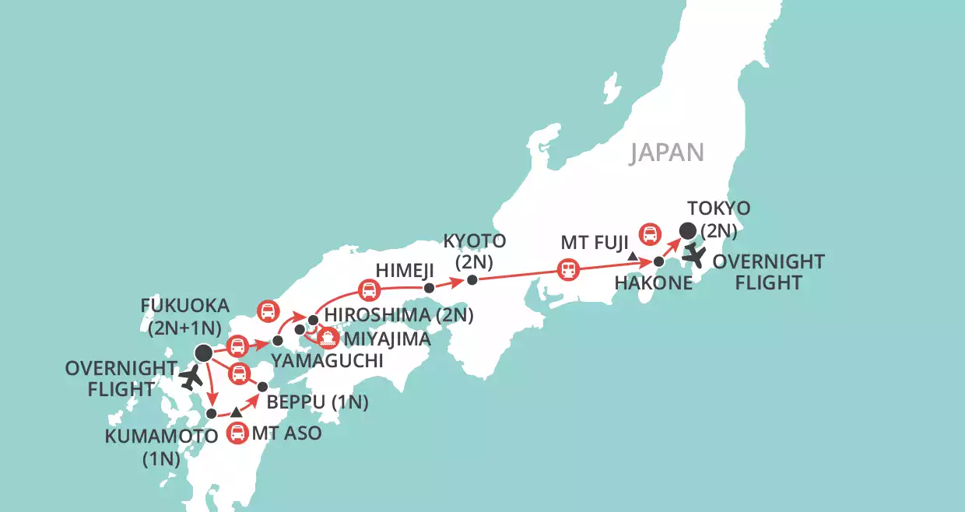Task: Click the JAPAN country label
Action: pos(667,152)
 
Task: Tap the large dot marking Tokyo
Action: pos(688,230)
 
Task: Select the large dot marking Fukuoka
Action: pos(204,353)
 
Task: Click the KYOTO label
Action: pos(475,240)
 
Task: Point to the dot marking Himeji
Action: pos(429,288)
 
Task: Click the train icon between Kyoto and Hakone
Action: pos(569,270)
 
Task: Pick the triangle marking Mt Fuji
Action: pos(633,256)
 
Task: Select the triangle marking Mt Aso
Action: pos(236,411)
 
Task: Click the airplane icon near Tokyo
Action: pos(693,254)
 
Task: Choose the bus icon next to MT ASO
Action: pos(238,433)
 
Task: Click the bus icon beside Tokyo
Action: pos(650,233)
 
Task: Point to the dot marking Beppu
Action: pos(262,386)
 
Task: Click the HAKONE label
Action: pos(654,283)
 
